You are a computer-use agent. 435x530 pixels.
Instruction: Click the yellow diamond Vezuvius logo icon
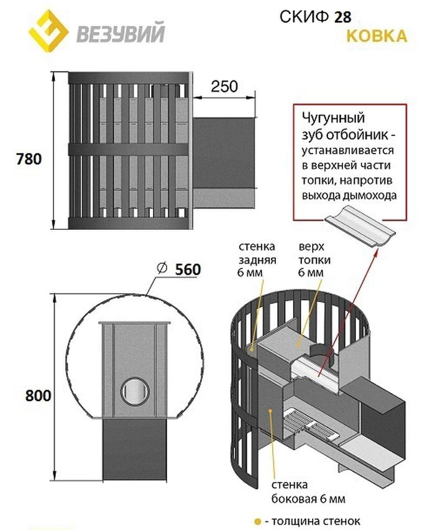48,31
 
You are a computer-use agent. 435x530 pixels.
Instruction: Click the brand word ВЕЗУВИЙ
121,32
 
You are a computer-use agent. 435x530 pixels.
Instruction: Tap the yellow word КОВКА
377,36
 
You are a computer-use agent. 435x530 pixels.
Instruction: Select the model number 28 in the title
343,17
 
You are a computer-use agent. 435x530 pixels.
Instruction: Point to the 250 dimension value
224,86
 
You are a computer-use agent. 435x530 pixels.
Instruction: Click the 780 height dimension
29,159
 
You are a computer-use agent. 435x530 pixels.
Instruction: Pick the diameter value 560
188,270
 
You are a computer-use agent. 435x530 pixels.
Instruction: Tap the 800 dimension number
38,395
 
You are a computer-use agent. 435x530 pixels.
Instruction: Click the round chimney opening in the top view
135,391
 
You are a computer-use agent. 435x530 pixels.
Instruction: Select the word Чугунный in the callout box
334,118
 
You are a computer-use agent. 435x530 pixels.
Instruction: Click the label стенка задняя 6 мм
257,260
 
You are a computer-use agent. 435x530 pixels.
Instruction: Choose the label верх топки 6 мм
314,260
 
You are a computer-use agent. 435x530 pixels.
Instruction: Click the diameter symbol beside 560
162,268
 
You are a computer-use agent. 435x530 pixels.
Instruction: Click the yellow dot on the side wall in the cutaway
270,410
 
